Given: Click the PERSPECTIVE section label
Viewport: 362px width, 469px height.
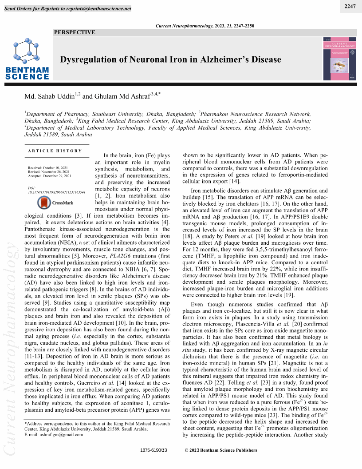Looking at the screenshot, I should (75, 32).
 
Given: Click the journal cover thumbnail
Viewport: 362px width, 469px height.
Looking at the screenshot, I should (339, 59).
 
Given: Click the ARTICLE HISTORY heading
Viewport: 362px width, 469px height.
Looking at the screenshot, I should (55, 151).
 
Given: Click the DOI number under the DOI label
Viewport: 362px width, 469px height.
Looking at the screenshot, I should (56, 192).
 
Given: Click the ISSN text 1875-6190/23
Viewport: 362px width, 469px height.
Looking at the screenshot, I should (153, 450).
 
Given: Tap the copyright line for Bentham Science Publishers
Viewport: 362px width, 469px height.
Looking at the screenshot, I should (220, 450).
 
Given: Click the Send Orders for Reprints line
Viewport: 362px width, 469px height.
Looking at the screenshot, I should (67, 8).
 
